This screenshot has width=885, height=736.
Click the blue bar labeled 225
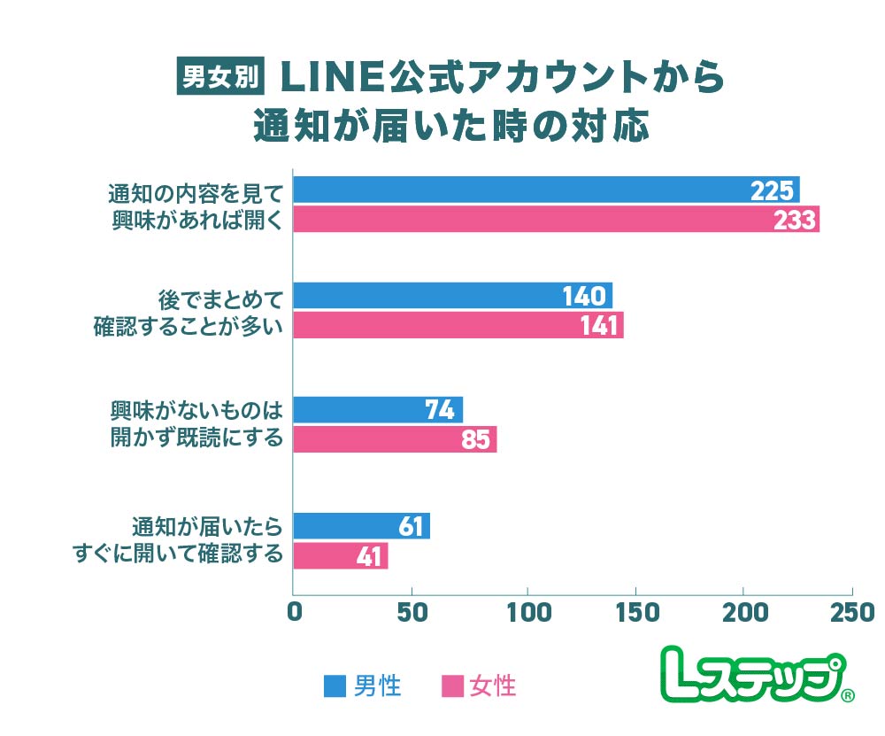[546, 190]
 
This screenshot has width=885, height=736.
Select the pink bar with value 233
[556, 220]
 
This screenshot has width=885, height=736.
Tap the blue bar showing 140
[452, 296]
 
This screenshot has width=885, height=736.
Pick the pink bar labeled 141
[458, 326]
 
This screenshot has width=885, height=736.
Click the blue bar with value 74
[378, 409]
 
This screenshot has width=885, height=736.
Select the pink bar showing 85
[395, 439]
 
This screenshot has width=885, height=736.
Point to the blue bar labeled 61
[361, 526]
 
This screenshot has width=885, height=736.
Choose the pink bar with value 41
[341, 556]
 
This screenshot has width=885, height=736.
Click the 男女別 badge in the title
[219, 76]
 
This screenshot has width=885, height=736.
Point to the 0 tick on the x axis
[296, 613]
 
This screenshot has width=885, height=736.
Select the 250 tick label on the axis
[851, 613]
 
